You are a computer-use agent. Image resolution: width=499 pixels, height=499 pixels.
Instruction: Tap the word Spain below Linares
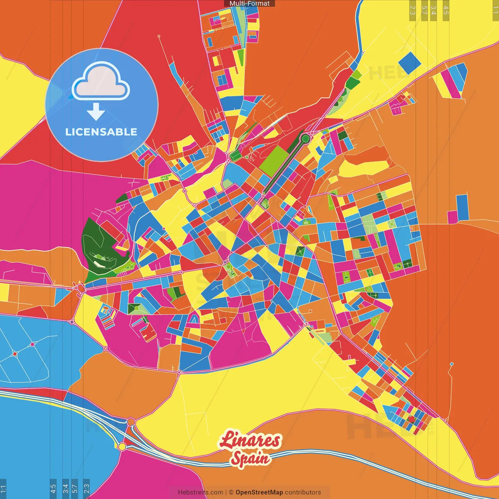(x=250, y=458)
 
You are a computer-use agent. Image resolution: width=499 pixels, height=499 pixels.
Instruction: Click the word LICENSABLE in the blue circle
(x=101, y=132)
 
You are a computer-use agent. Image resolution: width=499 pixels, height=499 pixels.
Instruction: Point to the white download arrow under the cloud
(x=96, y=111)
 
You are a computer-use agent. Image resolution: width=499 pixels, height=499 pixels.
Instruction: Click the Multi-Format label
(x=249, y=4)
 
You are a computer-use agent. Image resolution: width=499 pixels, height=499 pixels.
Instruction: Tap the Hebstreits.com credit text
(x=200, y=492)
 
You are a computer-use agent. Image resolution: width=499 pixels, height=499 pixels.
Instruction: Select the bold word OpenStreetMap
(x=259, y=492)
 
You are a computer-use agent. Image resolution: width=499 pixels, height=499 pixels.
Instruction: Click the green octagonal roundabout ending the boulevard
(x=305, y=138)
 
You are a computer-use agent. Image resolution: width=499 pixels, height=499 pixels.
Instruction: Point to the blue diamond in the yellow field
(x=410, y=63)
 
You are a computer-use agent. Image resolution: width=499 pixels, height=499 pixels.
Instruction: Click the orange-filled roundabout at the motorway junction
(x=131, y=422)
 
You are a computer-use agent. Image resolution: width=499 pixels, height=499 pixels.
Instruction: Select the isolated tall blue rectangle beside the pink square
(x=462, y=207)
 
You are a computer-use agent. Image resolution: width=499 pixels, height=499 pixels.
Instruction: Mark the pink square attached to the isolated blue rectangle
(x=452, y=217)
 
